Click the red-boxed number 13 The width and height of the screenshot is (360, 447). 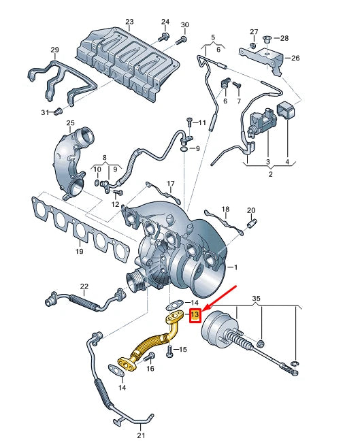195,315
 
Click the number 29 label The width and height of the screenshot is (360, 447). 55,49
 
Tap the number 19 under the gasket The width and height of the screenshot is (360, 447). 79,252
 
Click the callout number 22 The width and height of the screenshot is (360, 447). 84,286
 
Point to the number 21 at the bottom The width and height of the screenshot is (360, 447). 142,435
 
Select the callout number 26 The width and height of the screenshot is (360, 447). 295,58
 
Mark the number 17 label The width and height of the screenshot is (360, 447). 171,184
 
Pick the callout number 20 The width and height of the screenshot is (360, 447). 250,210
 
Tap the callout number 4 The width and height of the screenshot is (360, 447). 287,162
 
